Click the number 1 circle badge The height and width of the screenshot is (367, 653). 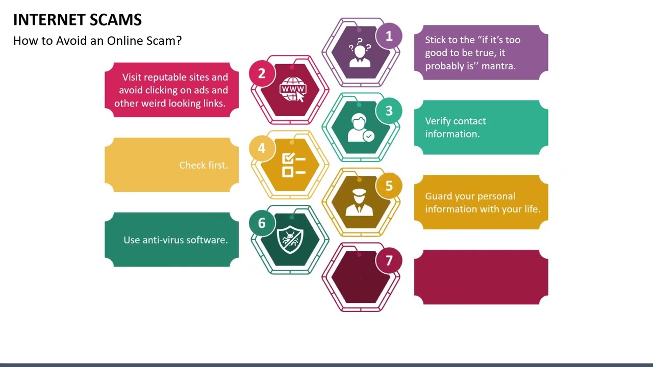click(x=389, y=36)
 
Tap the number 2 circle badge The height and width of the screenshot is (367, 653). click(x=262, y=73)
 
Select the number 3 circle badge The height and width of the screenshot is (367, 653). click(x=389, y=111)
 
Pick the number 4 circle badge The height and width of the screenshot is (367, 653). click(x=262, y=148)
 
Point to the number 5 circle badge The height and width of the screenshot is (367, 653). click(x=389, y=186)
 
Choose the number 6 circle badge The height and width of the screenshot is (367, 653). click(x=262, y=223)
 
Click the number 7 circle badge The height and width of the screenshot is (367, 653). click(x=389, y=261)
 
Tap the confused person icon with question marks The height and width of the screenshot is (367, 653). click(x=360, y=53)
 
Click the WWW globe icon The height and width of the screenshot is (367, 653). click(x=293, y=90)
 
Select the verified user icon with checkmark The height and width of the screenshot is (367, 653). click(x=360, y=128)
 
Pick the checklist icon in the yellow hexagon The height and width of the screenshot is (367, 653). click(x=293, y=165)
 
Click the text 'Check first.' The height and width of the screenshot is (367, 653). click(x=204, y=165)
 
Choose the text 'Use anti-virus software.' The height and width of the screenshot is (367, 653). click(x=175, y=240)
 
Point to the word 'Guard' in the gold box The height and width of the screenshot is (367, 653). click(x=439, y=196)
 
